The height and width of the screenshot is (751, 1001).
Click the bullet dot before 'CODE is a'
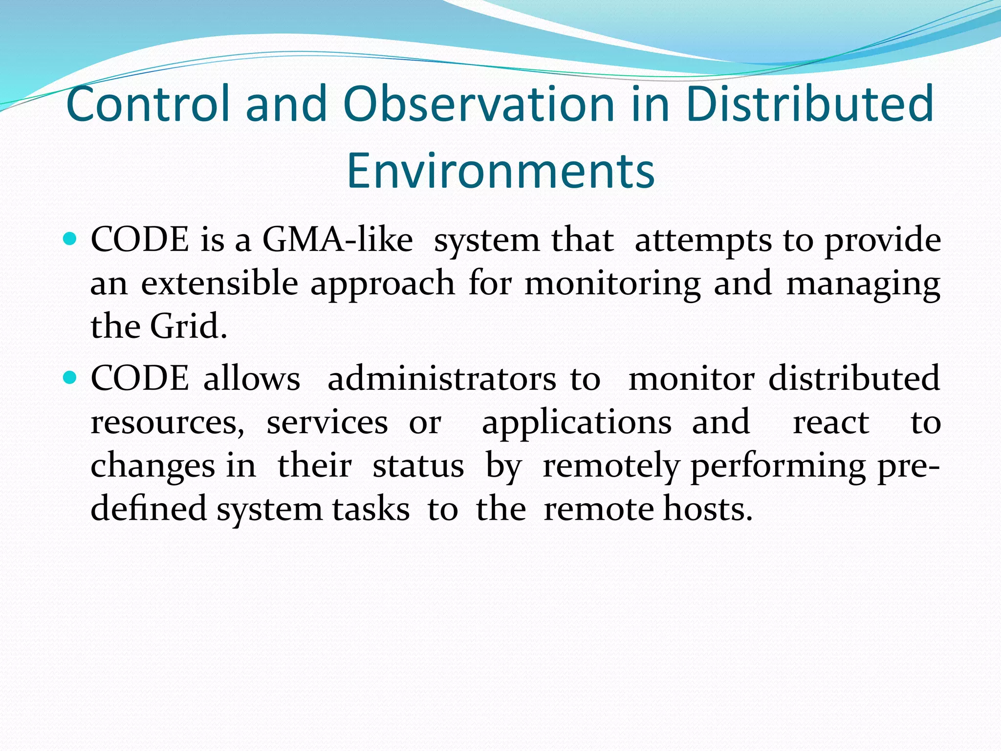coord(70,240)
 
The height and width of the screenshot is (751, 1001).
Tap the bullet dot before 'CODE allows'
coord(70,378)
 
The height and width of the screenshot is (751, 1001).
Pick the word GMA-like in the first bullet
coord(338,240)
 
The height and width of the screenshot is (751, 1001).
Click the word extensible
coord(219,283)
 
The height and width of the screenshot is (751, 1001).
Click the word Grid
coord(188,326)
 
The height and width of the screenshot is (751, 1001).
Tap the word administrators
coord(442,378)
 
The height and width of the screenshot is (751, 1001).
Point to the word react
coord(830,422)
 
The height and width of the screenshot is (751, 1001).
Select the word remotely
coord(611,466)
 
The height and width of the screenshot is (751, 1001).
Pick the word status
coord(418,465)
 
